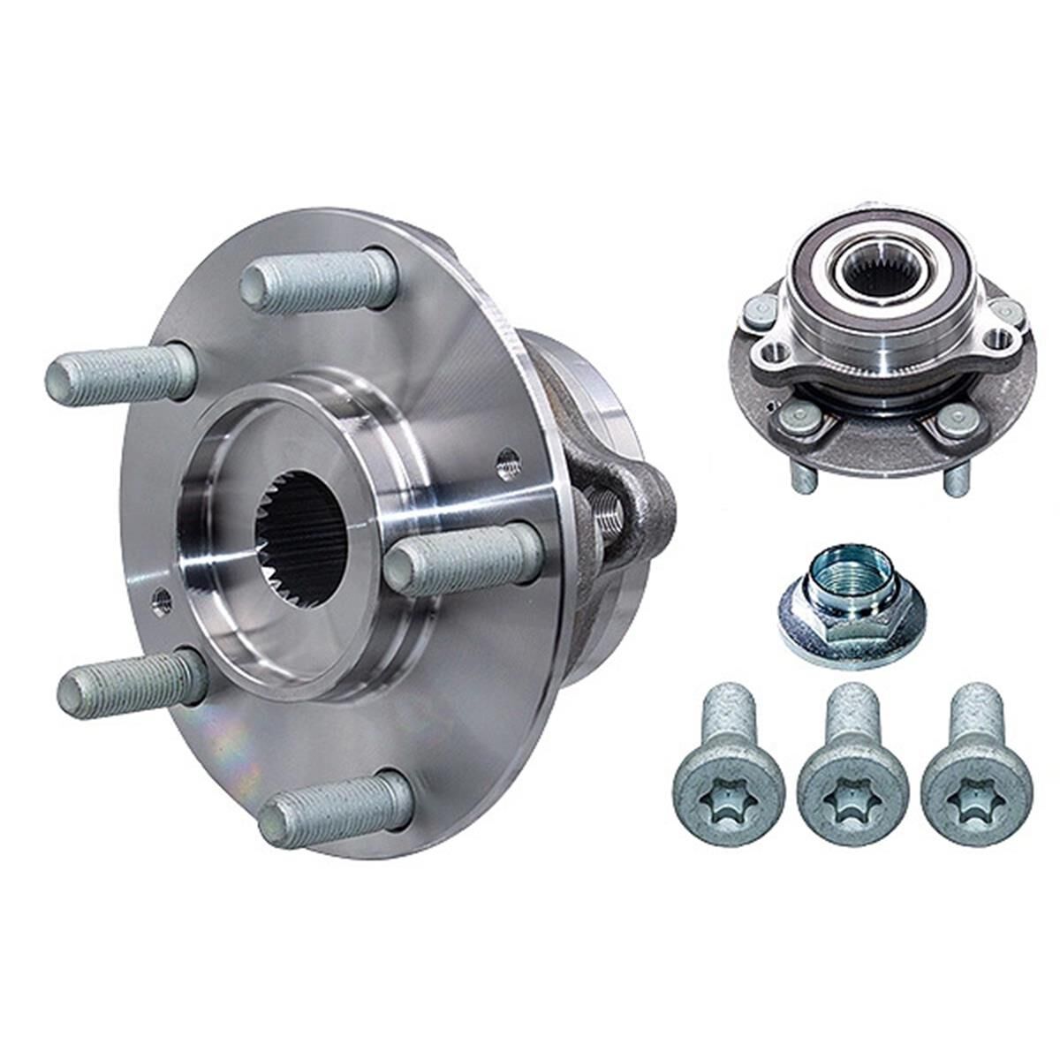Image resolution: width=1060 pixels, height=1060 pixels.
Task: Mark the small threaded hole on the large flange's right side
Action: coord(508,458)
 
